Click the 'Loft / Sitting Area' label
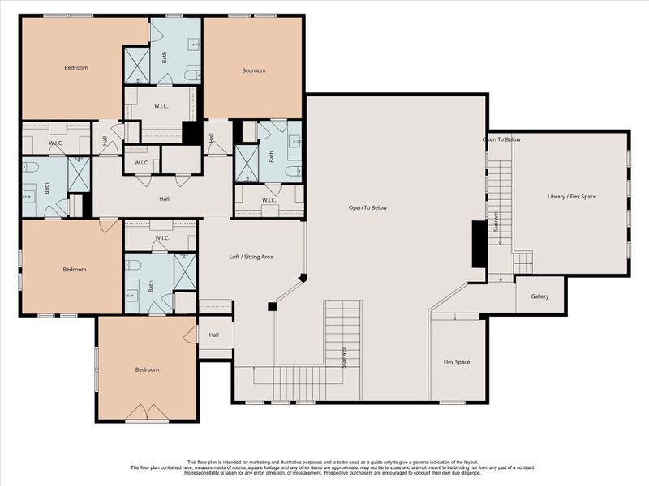click(251, 257)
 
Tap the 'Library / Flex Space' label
click(571, 196)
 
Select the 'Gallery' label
click(539, 296)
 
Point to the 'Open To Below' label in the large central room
click(367, 208)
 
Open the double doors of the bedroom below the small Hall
click(147, 413)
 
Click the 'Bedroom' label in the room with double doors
click(147, 369)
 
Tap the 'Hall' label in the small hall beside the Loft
click(214, 335)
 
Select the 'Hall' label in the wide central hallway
click(164, 198)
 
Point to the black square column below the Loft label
click(273, 307)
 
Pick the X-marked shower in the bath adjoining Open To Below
click(246, 162)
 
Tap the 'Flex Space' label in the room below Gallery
click(456, 362)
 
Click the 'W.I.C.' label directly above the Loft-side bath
click(161, 238)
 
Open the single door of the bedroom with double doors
click(191, 334)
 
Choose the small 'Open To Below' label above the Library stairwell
click(501, 139)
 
